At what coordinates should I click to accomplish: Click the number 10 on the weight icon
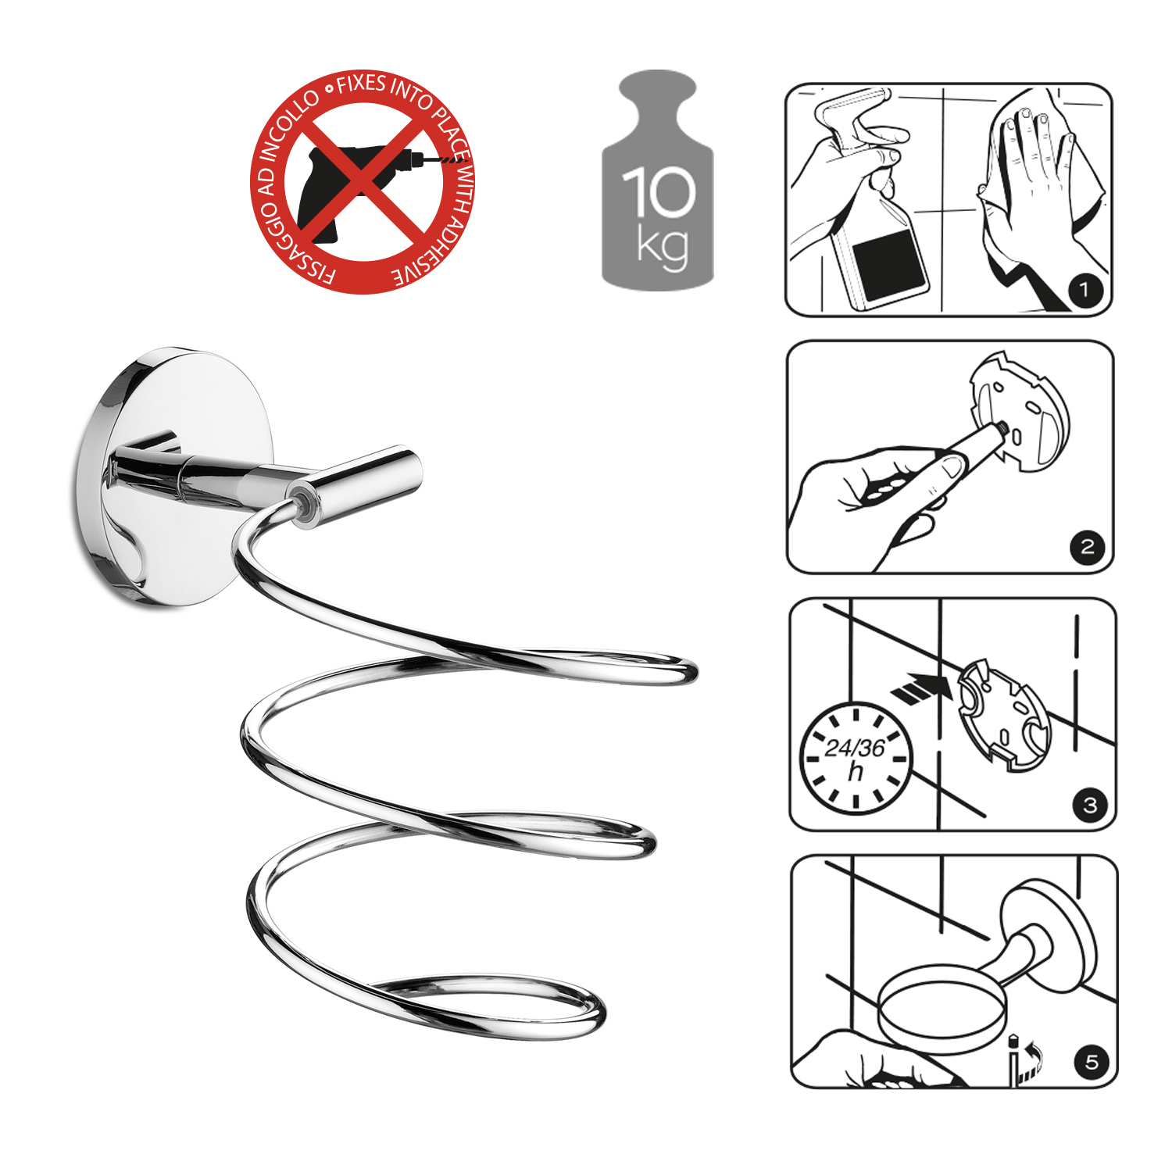click(658, 191)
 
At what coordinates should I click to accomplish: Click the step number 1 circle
click(1084, 291)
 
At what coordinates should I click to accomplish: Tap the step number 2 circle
click(1087, 546)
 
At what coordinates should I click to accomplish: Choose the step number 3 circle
click(1090, 805)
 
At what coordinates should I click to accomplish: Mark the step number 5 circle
click(1092, 1062)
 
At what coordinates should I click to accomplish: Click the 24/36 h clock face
click(856, 758)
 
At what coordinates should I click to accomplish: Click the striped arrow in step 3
click(922, 687)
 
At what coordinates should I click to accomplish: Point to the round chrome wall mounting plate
click(176, 477)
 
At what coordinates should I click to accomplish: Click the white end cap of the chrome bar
click(304, 504)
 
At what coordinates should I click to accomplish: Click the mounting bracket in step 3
click(1005, 715)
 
